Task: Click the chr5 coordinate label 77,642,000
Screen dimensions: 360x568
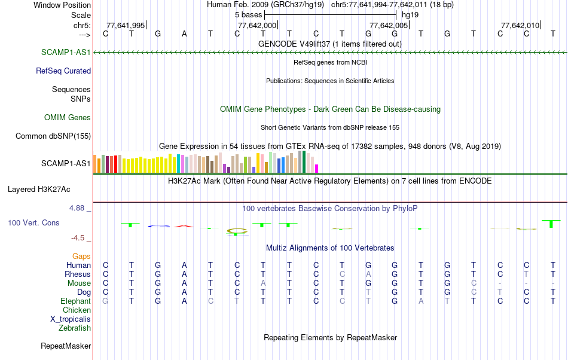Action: (257, 25)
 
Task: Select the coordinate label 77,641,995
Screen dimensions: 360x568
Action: (126, 25)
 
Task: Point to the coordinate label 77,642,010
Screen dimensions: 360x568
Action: (520, 25)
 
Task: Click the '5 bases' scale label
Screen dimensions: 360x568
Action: (248, 14)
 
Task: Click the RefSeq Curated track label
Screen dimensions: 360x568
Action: (63, 71)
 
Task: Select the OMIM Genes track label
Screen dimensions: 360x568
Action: (68, 118)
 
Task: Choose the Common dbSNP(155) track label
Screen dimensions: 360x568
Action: (53, 136)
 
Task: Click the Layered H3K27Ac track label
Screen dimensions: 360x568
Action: (39, 190)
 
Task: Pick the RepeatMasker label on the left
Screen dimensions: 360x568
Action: (66, 346)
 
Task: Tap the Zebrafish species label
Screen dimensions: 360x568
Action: (75, 328)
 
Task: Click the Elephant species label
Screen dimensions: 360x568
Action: (75, 301)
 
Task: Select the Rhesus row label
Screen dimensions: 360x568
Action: (78, 274)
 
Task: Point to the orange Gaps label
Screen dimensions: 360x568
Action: (81, 256)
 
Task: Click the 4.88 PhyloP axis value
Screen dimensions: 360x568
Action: (78, 208)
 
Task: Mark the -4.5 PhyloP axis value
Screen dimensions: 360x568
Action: (80, 237)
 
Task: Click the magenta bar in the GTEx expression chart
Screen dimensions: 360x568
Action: (317, 169)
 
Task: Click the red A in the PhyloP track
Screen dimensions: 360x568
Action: (184, 226)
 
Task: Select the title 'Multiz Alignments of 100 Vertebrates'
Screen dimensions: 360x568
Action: (330, 248)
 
